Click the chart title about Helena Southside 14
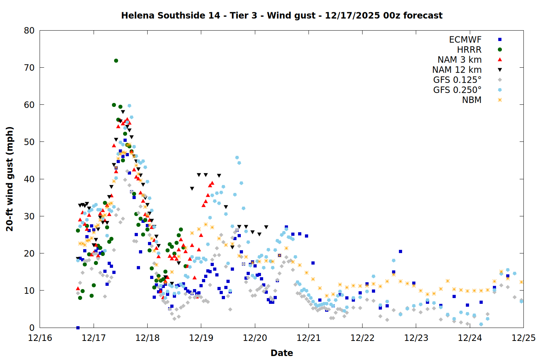[x=282, y=15]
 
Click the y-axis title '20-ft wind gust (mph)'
[x=10, y=179]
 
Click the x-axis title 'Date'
[x=282, y=353]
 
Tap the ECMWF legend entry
[x=465, y=40]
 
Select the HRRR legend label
[x=469, y=50]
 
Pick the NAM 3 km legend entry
[x=459, y=60]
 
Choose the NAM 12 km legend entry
[x=457, y=70]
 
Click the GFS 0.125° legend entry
[x=457, y=80]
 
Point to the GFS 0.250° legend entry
[x=457, y=90]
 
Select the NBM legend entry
[x=472, y=100]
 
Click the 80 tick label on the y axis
[x=29, y=31]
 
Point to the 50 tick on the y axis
[x=29, y=142]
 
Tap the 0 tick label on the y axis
[x=32, y=328]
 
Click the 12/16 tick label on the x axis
[x=40, y=338]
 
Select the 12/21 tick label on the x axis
[x=309, y=338]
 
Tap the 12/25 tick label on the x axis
[x=523, y=338]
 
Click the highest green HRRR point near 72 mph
[x=116, y=60]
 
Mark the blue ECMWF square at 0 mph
[x=78, y=328]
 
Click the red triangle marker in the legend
[x=500, y=60]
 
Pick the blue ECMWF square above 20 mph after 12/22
[x=400, y=251]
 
